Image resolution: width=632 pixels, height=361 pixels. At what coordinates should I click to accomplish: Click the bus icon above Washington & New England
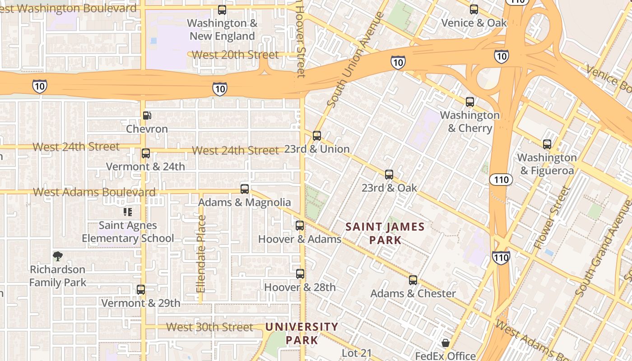[x=222, y=9]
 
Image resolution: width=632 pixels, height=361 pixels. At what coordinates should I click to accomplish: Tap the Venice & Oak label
[x=474, y=23]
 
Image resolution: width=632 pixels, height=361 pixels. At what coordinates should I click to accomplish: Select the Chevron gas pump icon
[x=147, y=116]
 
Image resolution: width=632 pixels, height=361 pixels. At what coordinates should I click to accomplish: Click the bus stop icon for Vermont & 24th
[x=145, y=153]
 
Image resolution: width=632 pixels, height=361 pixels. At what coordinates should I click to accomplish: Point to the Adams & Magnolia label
[x=244, y=202]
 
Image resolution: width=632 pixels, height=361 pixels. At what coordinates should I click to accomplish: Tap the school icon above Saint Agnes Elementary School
[x=128, y=212]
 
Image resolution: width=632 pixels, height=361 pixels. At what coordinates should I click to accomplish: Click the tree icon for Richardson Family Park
[x=57, y=256]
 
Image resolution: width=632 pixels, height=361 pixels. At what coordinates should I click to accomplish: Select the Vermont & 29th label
[x=140, y=303]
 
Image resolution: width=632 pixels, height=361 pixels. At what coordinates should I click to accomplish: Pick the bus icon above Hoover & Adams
[x=300, y=226]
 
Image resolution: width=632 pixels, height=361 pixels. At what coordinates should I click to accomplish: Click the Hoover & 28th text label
[x=300, y=287]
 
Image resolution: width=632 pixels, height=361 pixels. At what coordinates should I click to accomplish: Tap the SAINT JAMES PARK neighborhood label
[x=385, y=233]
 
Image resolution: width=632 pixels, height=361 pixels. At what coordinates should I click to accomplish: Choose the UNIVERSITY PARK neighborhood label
[x=302, y=333]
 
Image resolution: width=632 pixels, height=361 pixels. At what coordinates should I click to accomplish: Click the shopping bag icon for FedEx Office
[x=446, y=343]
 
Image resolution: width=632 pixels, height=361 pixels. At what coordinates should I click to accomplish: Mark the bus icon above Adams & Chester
[x=413, y=280]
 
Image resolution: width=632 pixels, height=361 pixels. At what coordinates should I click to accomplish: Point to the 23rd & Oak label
[x=389, y=188]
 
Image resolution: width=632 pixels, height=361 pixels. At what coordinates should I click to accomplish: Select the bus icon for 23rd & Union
[x=317, y=136]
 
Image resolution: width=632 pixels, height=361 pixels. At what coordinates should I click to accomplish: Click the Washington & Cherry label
[x=470, y=121]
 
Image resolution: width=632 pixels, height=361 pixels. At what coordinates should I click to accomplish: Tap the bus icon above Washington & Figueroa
[x=547, y=144]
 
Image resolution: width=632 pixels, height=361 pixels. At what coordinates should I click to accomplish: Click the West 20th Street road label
[x=235, y=55]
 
